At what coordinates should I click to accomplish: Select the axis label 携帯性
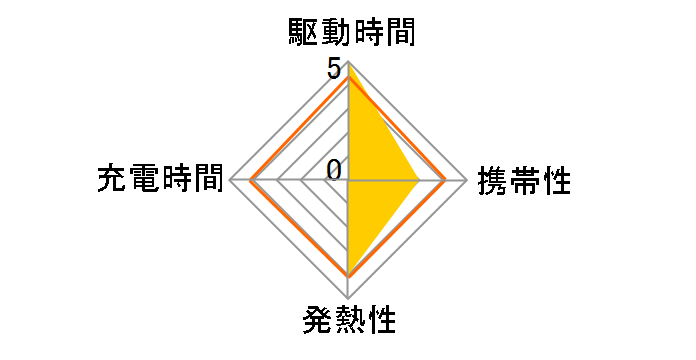click(524, 181)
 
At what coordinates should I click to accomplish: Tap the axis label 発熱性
click(347, 322)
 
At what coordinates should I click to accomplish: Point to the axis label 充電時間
click(161, 181)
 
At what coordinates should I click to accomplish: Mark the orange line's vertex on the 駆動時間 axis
click(348, 77)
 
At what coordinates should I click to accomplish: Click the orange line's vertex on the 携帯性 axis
click(445, 181)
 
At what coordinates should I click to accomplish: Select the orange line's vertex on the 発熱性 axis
click(348, 274)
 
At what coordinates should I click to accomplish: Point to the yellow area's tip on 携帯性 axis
click(418, 181)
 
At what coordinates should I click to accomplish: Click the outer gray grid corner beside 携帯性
click(467, 181)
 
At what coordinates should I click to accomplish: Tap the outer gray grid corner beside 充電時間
click(231, 181)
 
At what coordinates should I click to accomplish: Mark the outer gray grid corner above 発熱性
click(348, 298)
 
